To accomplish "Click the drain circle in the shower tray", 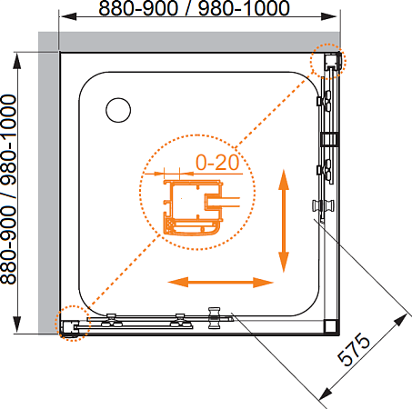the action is click(118, 110).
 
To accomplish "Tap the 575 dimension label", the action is click(354, 349).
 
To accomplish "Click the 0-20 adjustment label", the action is click(217, 163).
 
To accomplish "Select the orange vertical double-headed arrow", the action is click(284, 221).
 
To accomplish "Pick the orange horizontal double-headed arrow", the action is click(221, 283).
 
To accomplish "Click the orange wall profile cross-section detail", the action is click(194, 207).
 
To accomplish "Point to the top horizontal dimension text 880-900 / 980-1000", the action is click(195, 8).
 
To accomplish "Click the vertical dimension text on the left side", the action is click(8, 189).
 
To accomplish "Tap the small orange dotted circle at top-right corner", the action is click(327, 62).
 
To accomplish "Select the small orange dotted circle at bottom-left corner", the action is click(73, 324).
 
